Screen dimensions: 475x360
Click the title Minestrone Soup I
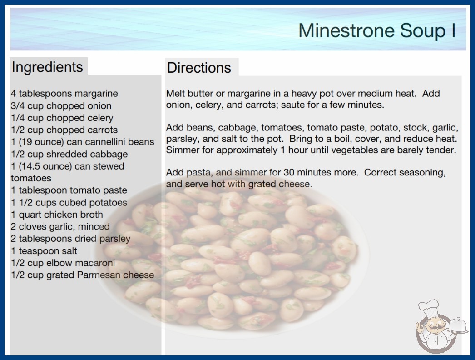click(x=377, y=30)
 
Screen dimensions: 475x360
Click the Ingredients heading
click(x=47, y=67)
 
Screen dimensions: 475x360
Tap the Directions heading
click(x=199, y=68)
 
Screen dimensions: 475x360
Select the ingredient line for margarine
click(x=64, y=94)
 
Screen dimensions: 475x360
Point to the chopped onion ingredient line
click(x=61, y=105)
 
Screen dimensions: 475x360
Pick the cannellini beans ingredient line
click(x=82, y=142)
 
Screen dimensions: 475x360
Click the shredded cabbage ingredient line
click(x=69, y=154)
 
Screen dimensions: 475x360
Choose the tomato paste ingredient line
click(x=69, y=190)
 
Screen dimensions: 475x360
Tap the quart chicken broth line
click(x=57, y=215)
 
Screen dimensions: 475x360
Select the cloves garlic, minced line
click(x=60, y=226)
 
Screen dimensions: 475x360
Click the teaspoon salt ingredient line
click(x=44, y=251)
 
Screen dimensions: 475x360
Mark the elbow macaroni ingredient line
click(x=63, y=263)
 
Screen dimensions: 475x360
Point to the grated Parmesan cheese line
click(x=82, y=275)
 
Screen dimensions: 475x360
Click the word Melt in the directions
click(x=174, y=94)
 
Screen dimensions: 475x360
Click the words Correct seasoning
click(x=405, y=173)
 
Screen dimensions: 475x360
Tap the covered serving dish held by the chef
click(x=458, y=326)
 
